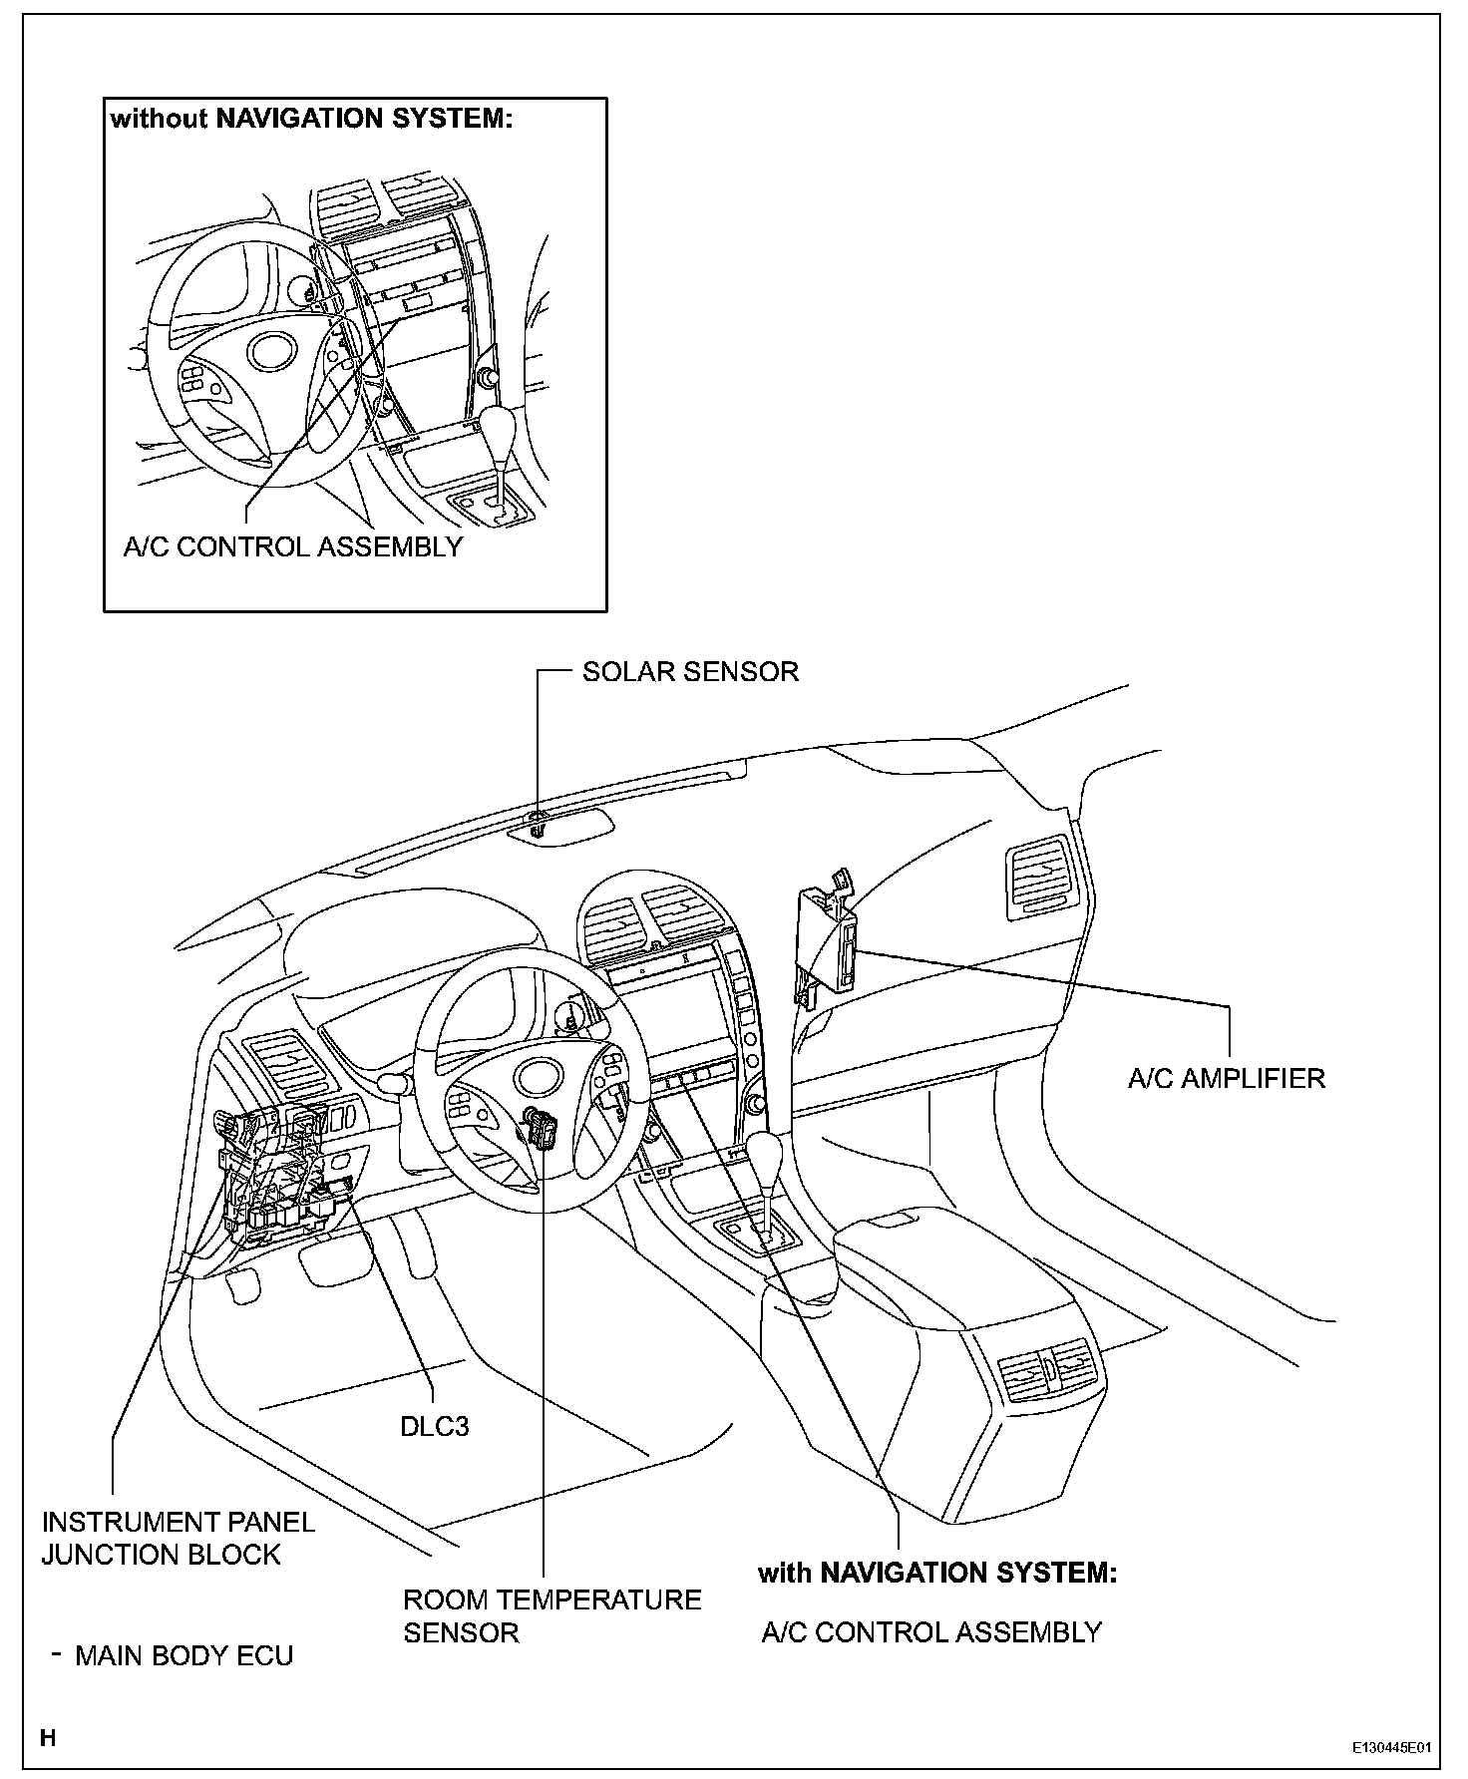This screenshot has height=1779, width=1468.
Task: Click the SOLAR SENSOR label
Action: click(690, 671)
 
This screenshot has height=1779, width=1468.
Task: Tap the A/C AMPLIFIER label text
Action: click(1227, 1078)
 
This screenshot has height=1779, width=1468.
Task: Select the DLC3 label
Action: click(434, 1426)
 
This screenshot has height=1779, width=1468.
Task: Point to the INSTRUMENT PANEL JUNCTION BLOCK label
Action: click(178, 1538)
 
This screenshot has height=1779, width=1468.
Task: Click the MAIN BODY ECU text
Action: click(184, 1656)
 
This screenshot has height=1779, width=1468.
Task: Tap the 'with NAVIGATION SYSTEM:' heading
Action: click(936, 1574)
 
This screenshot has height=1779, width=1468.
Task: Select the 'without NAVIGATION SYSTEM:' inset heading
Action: click(311, 119)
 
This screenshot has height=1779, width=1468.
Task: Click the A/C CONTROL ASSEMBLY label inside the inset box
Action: click(293, 546)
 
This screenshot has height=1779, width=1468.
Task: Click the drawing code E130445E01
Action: click(1391, 1748)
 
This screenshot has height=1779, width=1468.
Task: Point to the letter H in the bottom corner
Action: click(48, 1739)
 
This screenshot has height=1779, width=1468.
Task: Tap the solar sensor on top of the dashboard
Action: click(539, 824)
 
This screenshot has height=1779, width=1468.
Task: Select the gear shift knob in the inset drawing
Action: click(499, 429)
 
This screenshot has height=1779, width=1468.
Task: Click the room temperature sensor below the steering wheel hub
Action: click(544, 1128)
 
